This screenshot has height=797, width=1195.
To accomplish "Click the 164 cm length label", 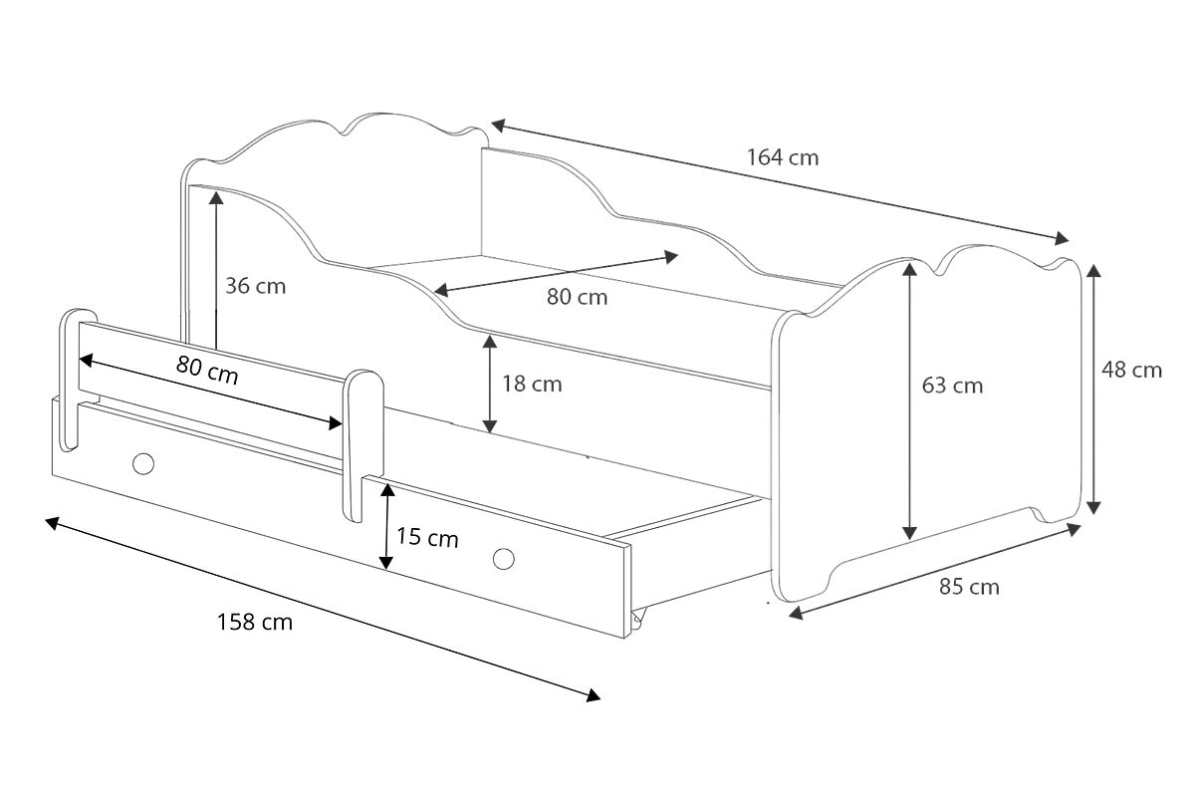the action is click(x=782, y=157).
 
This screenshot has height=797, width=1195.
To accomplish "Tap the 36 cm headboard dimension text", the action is click(x=256, y=286).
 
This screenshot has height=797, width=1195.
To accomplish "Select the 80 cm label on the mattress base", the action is click(x=577, y=297).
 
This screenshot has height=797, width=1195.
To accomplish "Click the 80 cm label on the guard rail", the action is click(x=207, y=370).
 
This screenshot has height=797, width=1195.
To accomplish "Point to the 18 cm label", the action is click(x=532, y=384).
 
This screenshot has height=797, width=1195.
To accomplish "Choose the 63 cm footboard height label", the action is click(x=952, y=386).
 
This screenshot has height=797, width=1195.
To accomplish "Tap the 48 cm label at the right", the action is click(x=1131, y=370).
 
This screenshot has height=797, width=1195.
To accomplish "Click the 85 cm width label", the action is click(x=969, y=587).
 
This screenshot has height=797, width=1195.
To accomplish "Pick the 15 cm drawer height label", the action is click(x=427, y=537).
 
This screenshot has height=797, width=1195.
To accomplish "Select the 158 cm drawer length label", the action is click(x=255, y=622).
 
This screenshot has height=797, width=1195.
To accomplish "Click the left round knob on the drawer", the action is click(x=143, y=463).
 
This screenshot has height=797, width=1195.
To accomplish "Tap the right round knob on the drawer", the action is click(x=504, y=559).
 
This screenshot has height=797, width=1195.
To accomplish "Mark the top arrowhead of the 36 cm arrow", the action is click(x=216, y=198).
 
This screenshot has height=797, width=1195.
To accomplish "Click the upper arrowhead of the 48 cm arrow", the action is click(x=1093, y=271).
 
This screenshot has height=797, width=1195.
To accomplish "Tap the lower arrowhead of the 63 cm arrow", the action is click(x=909, y=533).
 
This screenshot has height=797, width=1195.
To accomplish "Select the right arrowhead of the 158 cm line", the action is click(x=594, y=695).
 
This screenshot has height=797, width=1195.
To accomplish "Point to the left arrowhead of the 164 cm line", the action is click(x=498, y=126).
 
